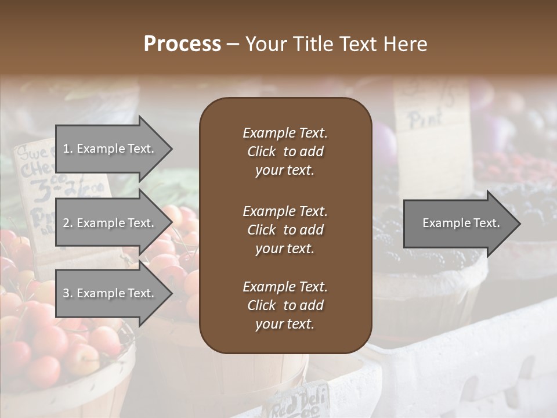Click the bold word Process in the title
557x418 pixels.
182,44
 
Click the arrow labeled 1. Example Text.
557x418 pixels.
110,149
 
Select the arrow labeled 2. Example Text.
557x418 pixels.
110,223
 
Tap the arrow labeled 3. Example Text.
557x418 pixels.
110,293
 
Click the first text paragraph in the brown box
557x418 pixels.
285,152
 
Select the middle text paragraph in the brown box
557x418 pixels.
285,229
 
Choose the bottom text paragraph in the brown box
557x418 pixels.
285,305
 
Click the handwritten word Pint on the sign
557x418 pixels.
426,119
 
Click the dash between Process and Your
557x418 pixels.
233,44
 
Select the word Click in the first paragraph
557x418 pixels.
262,152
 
